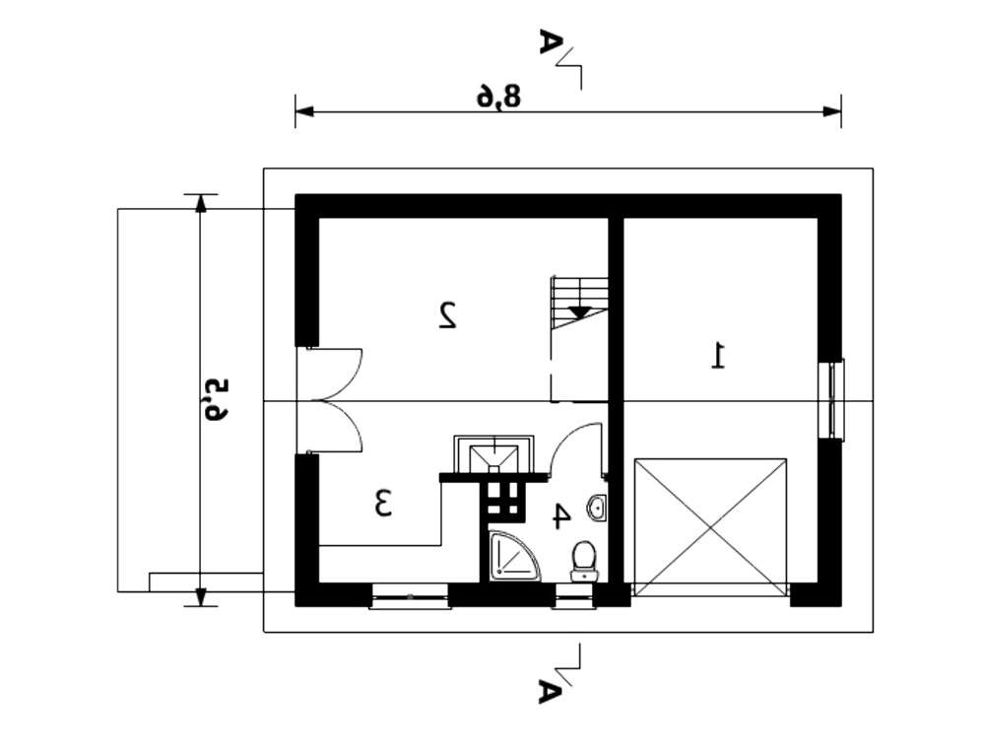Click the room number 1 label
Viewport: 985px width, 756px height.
click(x=718, y=355)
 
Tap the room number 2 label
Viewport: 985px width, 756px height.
click(x=447, y=315)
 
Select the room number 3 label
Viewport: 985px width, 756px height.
click(x=383, y=503)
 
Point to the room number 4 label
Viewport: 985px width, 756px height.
click(x=561, y=516)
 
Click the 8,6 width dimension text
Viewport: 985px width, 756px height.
click(x=498, y=97)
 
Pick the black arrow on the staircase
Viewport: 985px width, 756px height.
click(x=578, y=311)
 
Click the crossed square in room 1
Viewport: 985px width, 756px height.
click(x=710, y=526)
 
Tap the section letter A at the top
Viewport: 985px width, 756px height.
click(x=550, y=43)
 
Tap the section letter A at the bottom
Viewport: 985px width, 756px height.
click(x=550, y=691)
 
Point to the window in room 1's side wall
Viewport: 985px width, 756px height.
click(x=835, y=398)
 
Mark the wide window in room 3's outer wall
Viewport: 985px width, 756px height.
click(x=410, y=595)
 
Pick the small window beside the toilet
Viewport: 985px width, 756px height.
click(x=573, y=595)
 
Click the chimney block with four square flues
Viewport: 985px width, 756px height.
click(x=502, y=501)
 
